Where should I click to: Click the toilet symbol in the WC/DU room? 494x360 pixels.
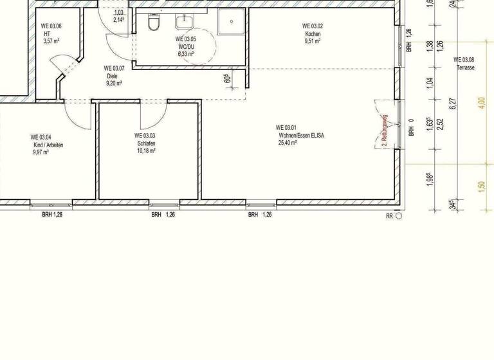tap(153, 24)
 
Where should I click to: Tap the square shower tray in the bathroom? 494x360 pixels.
tap(228, 23)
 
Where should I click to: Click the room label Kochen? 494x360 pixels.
tap(313, 33)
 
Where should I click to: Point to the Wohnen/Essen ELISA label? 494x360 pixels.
tap(296, 135)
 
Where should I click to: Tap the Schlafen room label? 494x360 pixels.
tap(145, 144)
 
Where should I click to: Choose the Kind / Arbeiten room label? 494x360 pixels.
tap(48, 145)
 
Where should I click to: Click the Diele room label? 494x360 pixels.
tap(113, 76)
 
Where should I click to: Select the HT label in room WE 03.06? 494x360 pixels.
tap(48, 33)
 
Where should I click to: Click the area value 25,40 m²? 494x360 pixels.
tap(287, 143)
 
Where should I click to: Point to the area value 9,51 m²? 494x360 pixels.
tap(313, 41)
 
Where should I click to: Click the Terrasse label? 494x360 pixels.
tap(464, 67)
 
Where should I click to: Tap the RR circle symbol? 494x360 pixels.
tap(398, 217)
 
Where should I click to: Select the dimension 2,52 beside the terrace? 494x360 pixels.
tap(441, 123)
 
